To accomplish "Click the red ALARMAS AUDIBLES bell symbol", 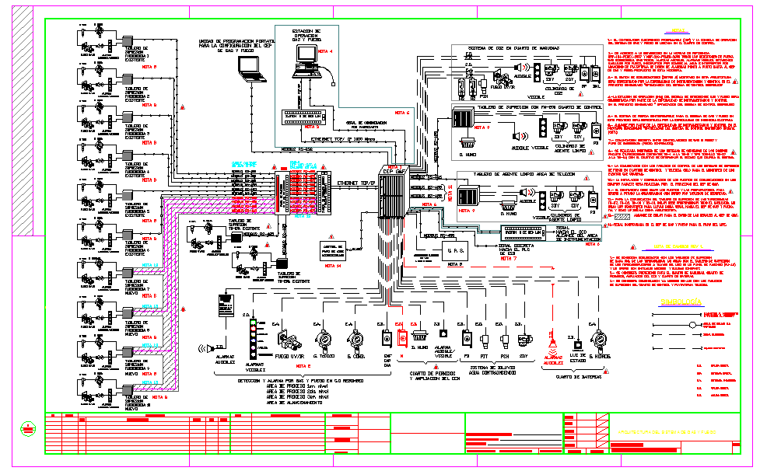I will point(554,340).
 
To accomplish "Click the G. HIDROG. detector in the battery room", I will point(599,340).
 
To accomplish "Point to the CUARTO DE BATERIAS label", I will point(577,378).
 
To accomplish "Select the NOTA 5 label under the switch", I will point(311,126).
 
